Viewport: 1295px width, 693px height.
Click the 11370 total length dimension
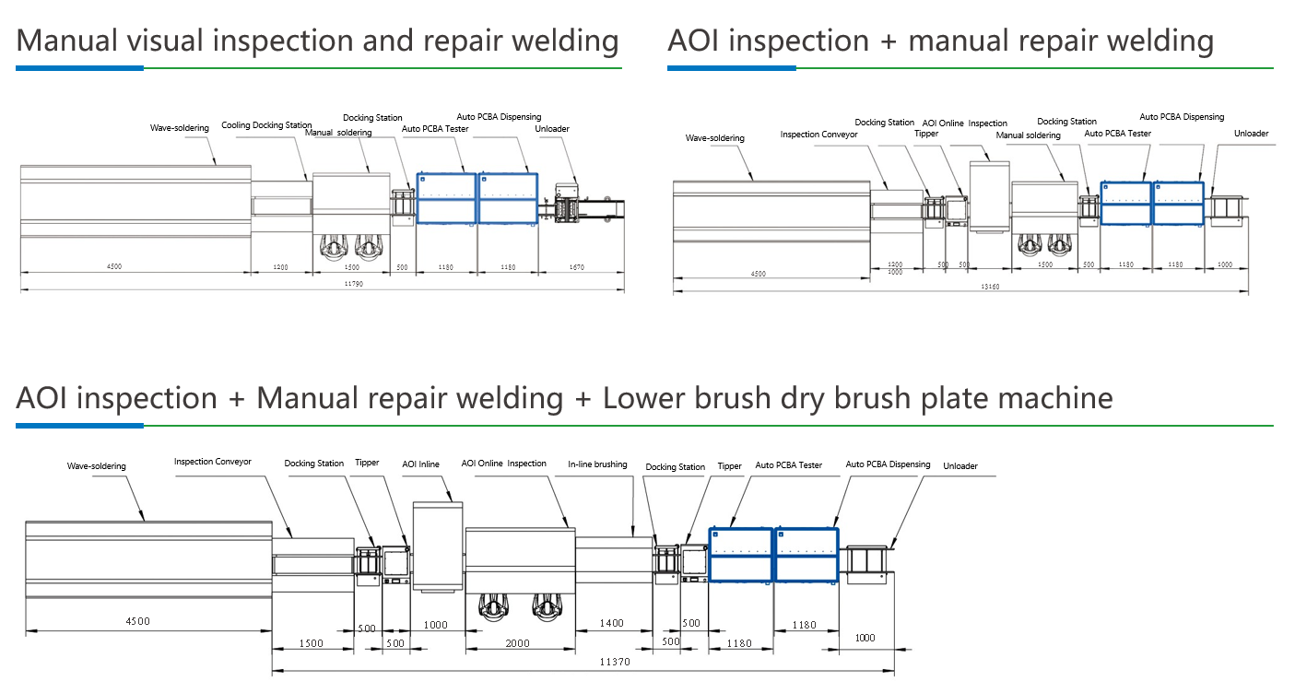pos(615,662)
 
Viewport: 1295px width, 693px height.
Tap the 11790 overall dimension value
pos(353,284)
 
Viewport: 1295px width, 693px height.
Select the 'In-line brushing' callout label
pos(597,464)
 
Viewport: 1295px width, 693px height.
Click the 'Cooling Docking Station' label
pos(266,124)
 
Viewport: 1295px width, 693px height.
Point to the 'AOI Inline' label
pos(420,464)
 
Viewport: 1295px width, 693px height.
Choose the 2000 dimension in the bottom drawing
pos(517,643)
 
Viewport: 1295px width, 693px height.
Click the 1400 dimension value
pos(612,623)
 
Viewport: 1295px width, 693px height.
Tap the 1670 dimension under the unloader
pos(576,267)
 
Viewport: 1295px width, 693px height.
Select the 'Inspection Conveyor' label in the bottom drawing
pos(213,462)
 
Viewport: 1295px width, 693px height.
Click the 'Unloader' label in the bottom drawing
pos(960,466)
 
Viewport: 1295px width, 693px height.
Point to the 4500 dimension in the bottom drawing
pos(137,621)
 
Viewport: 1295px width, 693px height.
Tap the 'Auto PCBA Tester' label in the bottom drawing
pos(789,465)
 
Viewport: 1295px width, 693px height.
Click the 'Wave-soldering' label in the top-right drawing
pos(714,138)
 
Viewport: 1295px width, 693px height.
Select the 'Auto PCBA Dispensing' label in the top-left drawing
pos(499,117)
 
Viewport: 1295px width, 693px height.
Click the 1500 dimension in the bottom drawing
pos(311,643)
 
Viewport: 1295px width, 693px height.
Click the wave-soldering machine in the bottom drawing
pos(148,558)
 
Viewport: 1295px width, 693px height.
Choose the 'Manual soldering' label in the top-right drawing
pos(1028,135)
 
